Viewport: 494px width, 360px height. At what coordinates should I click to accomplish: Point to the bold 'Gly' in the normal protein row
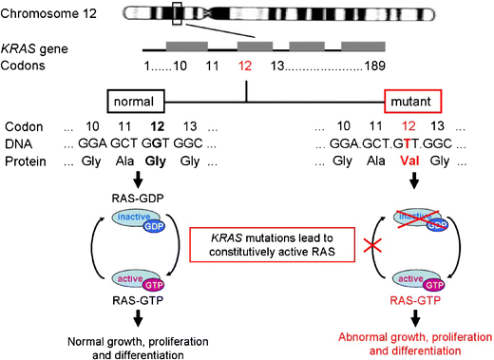coord(158,161)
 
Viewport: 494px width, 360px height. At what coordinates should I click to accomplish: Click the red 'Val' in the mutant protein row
coord(410,161)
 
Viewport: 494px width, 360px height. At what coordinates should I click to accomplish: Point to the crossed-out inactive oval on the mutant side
coord(410,219)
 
